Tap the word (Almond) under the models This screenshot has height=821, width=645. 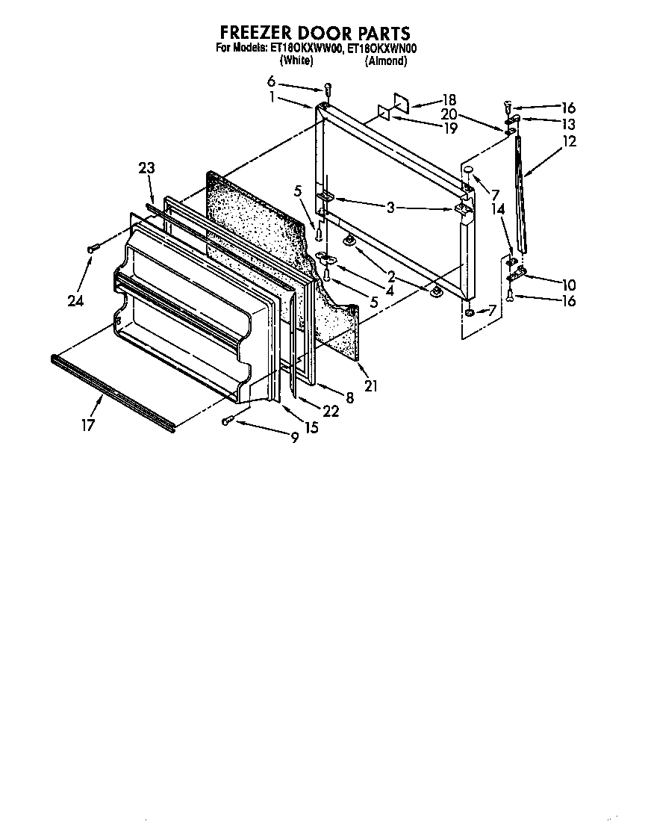pos(386,61)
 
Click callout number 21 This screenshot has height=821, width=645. pos(371,385)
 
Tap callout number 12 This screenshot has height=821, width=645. pos(570,140)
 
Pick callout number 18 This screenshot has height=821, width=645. pos(449,99)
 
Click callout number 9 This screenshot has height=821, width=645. pos(295,439)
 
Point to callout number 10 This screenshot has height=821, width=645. pos(570,285)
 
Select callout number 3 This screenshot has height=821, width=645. pos(390,208)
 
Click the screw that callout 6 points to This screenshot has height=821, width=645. pos(328,91)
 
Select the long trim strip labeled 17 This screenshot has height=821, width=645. pos(112,393)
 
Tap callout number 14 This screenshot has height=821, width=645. pos(499,211)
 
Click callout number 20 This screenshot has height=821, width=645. pos(449,114)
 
